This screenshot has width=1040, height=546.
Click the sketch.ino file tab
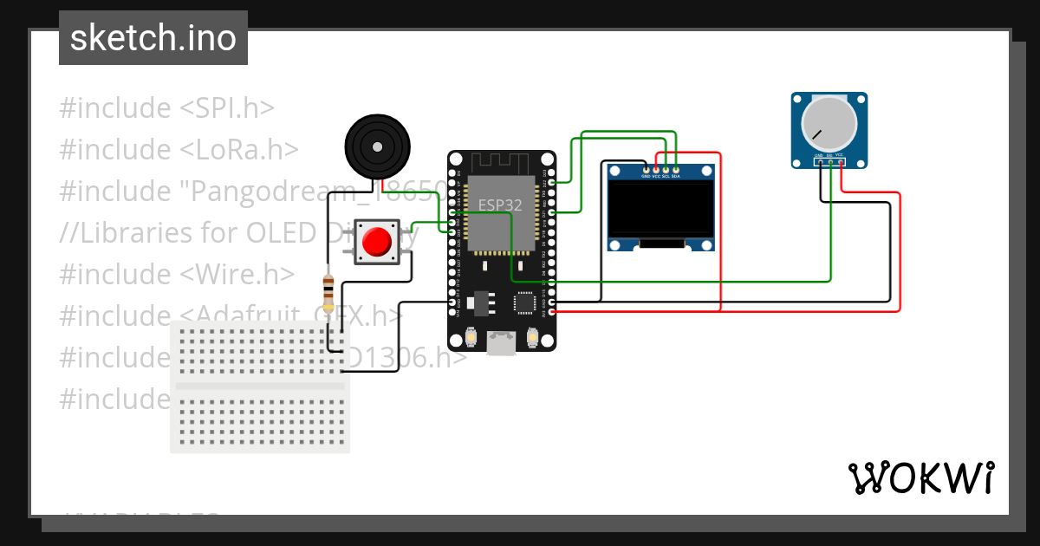pyautogui.click(x=153, y=38)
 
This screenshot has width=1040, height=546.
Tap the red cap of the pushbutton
pyautogui.click(x=377, y=242)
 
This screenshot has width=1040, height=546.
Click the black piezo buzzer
pyautogui.click(x=377, y=148)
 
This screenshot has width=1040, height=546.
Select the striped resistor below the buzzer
pyautogui.click(x=328, y=292)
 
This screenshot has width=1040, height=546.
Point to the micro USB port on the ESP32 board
pyautogui.click(x=501, y=343)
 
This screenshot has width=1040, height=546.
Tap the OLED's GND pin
pyautogui.click(x=646, y=169)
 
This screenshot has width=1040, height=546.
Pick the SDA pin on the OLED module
pyautogui.click(x=675, y=169)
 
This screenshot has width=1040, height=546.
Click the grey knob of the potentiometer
pyautogui.click(x=829, y=125)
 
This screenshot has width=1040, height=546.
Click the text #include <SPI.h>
pyautogui.click(x=166, y=108)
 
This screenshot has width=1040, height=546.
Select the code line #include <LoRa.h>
pyautogui.click(x=179, y=150)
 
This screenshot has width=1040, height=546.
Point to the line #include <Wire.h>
pyautogui.click(x=178, y=274)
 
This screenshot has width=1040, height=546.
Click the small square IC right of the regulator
pyautogui.click(x=525, y=302)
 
